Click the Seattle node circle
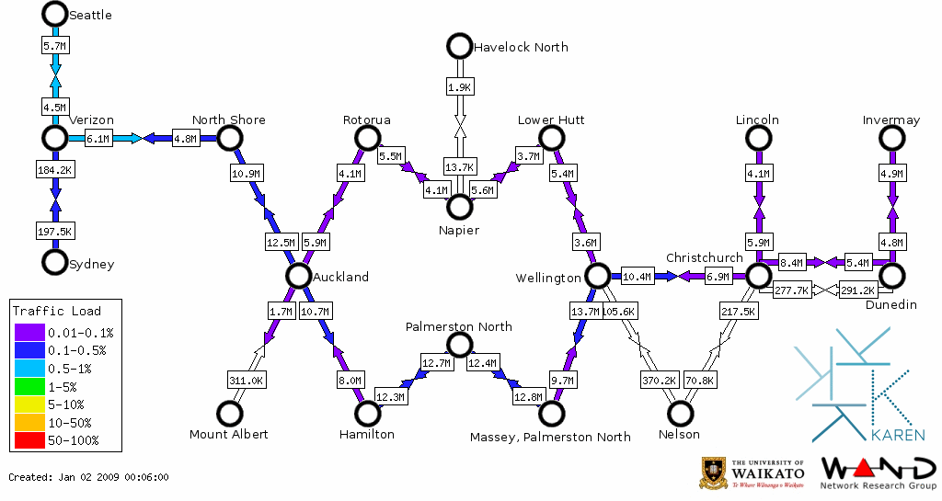click(55, 14)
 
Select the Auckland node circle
click(297, 276)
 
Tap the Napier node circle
click(459, 207)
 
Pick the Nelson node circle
click(680, 414)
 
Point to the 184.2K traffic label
click(55, 170)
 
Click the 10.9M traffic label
click(246, 173)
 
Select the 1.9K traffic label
click(459, 87)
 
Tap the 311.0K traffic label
click(246, 380)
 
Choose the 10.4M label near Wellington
click(637, 276)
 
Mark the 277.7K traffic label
click(791, 290)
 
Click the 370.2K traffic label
click(659, 380)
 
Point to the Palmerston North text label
click(459, 326)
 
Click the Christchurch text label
click(704, 257)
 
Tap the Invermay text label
click(891, 120)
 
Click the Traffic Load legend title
click(57, 311)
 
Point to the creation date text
click(88, 477)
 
